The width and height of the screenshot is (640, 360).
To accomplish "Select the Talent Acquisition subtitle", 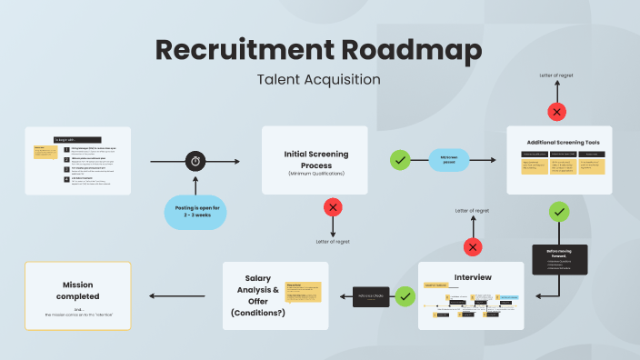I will [318, 79].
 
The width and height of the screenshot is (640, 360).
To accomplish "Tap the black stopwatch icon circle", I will [196, 161].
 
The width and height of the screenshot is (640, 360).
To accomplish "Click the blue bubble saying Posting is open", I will [196, 214].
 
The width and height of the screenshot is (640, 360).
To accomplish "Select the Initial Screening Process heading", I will [315, 155].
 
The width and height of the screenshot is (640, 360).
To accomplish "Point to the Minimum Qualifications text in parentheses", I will [315, 173].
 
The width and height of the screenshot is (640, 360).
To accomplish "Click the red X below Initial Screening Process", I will [334, 208].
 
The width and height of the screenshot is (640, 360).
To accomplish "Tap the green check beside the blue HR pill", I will [400, 161].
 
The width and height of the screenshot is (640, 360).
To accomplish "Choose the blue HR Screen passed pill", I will [450, 161].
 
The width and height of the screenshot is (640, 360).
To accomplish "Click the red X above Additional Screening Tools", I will [556, 113].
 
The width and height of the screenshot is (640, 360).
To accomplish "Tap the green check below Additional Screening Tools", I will [560, 212].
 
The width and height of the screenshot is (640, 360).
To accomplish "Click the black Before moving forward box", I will [559, 259].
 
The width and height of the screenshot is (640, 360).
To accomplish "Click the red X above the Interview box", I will [473, 247].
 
